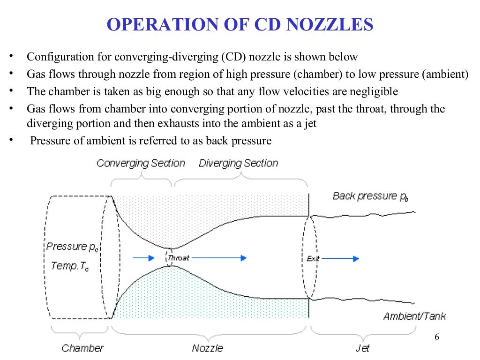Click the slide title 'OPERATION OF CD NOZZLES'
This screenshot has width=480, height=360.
tap(240, 24)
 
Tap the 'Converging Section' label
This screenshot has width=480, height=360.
tap(141, 163)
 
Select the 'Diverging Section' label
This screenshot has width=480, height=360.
tap(238, 163)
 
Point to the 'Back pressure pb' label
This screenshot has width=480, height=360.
tap(370, 196)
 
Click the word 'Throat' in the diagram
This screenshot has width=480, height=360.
tap(178, 258)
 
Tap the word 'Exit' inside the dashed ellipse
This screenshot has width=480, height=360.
tap(313, 258)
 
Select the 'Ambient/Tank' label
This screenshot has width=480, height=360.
tap(414, 316)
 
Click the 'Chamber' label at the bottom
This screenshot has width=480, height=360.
tap(82, 348)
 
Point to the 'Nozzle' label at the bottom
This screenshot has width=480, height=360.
tap(207, 348)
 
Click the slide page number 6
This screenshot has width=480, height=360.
tap(437, 338)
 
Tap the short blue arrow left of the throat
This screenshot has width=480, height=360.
tap(143, 258)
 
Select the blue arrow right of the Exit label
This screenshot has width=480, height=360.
tap(340, 258)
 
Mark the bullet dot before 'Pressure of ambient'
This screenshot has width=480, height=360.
tap(11, 140)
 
